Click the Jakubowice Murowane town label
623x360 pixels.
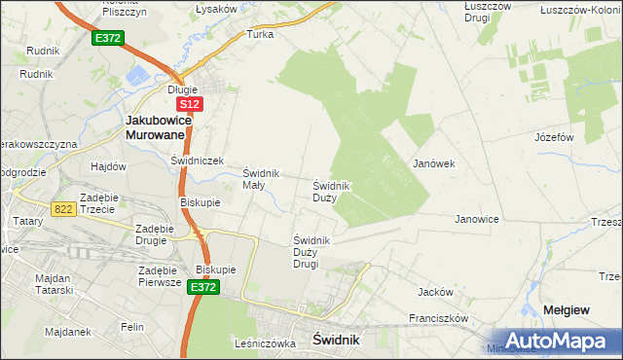pyautogui.click(x=163, y=127)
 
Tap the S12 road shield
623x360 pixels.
pyautogui.click(x=190, y=104)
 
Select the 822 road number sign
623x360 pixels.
pyautogui.click(x=64, y=208)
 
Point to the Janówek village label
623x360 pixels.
pyautogui.click(x=434, y=163)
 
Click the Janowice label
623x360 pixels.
pyautogui.click(x=477, y=219)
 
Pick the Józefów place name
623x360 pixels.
pyautogui.click(x=553, y=137)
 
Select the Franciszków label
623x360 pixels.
pyautogui.click(x=439, y=318)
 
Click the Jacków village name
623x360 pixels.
pyautogui.click(x=435, y=291)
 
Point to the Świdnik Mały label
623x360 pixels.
pyautogui.click(x=261, y=179)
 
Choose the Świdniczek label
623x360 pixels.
pyautogui.click(x=198, y=161)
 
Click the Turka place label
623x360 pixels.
pyautogui.click(x=260, y=33)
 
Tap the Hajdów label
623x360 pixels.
pyautogui.click(x=109, y=166)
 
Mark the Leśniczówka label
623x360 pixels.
pyautogui.click(x=264, y=343)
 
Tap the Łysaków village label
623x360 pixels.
pyautogui.click(x=216, y=9)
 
